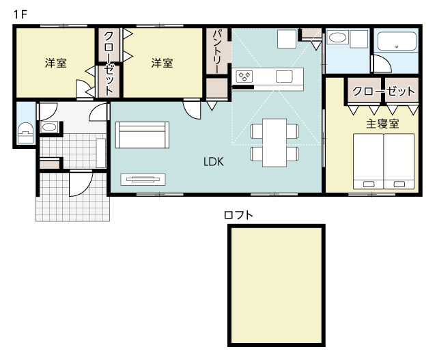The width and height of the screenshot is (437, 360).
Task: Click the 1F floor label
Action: click(20, 14)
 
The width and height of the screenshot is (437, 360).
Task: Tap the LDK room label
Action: click(214, 162)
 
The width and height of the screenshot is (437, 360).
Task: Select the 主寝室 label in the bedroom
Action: click(382, 124)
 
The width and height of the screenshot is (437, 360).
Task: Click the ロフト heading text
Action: click(238, 215)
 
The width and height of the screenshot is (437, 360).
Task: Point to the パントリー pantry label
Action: click(217, 52)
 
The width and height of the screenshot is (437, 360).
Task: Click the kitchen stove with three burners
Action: click(244, 77)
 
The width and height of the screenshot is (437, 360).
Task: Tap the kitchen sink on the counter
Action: click(284, 77)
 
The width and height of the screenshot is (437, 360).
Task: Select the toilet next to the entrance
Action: click(26, 133)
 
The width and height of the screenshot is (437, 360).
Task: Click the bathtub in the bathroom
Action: click(397, 41)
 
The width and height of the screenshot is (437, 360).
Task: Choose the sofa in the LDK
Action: click(142, 135)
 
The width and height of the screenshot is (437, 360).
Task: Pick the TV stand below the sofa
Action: click(143, 180)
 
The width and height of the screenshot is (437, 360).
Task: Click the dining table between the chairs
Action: click(274, 143)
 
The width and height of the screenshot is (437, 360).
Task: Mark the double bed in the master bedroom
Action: click(384, 161)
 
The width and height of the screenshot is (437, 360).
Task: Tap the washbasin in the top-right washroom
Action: click(337, 38)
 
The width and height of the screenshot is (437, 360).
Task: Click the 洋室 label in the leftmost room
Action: click(56, 63)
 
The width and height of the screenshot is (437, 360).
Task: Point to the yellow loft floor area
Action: click(277, 286)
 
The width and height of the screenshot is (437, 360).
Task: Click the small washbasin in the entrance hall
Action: click(49, 127)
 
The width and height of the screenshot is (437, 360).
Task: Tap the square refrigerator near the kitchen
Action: click(287, 39)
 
